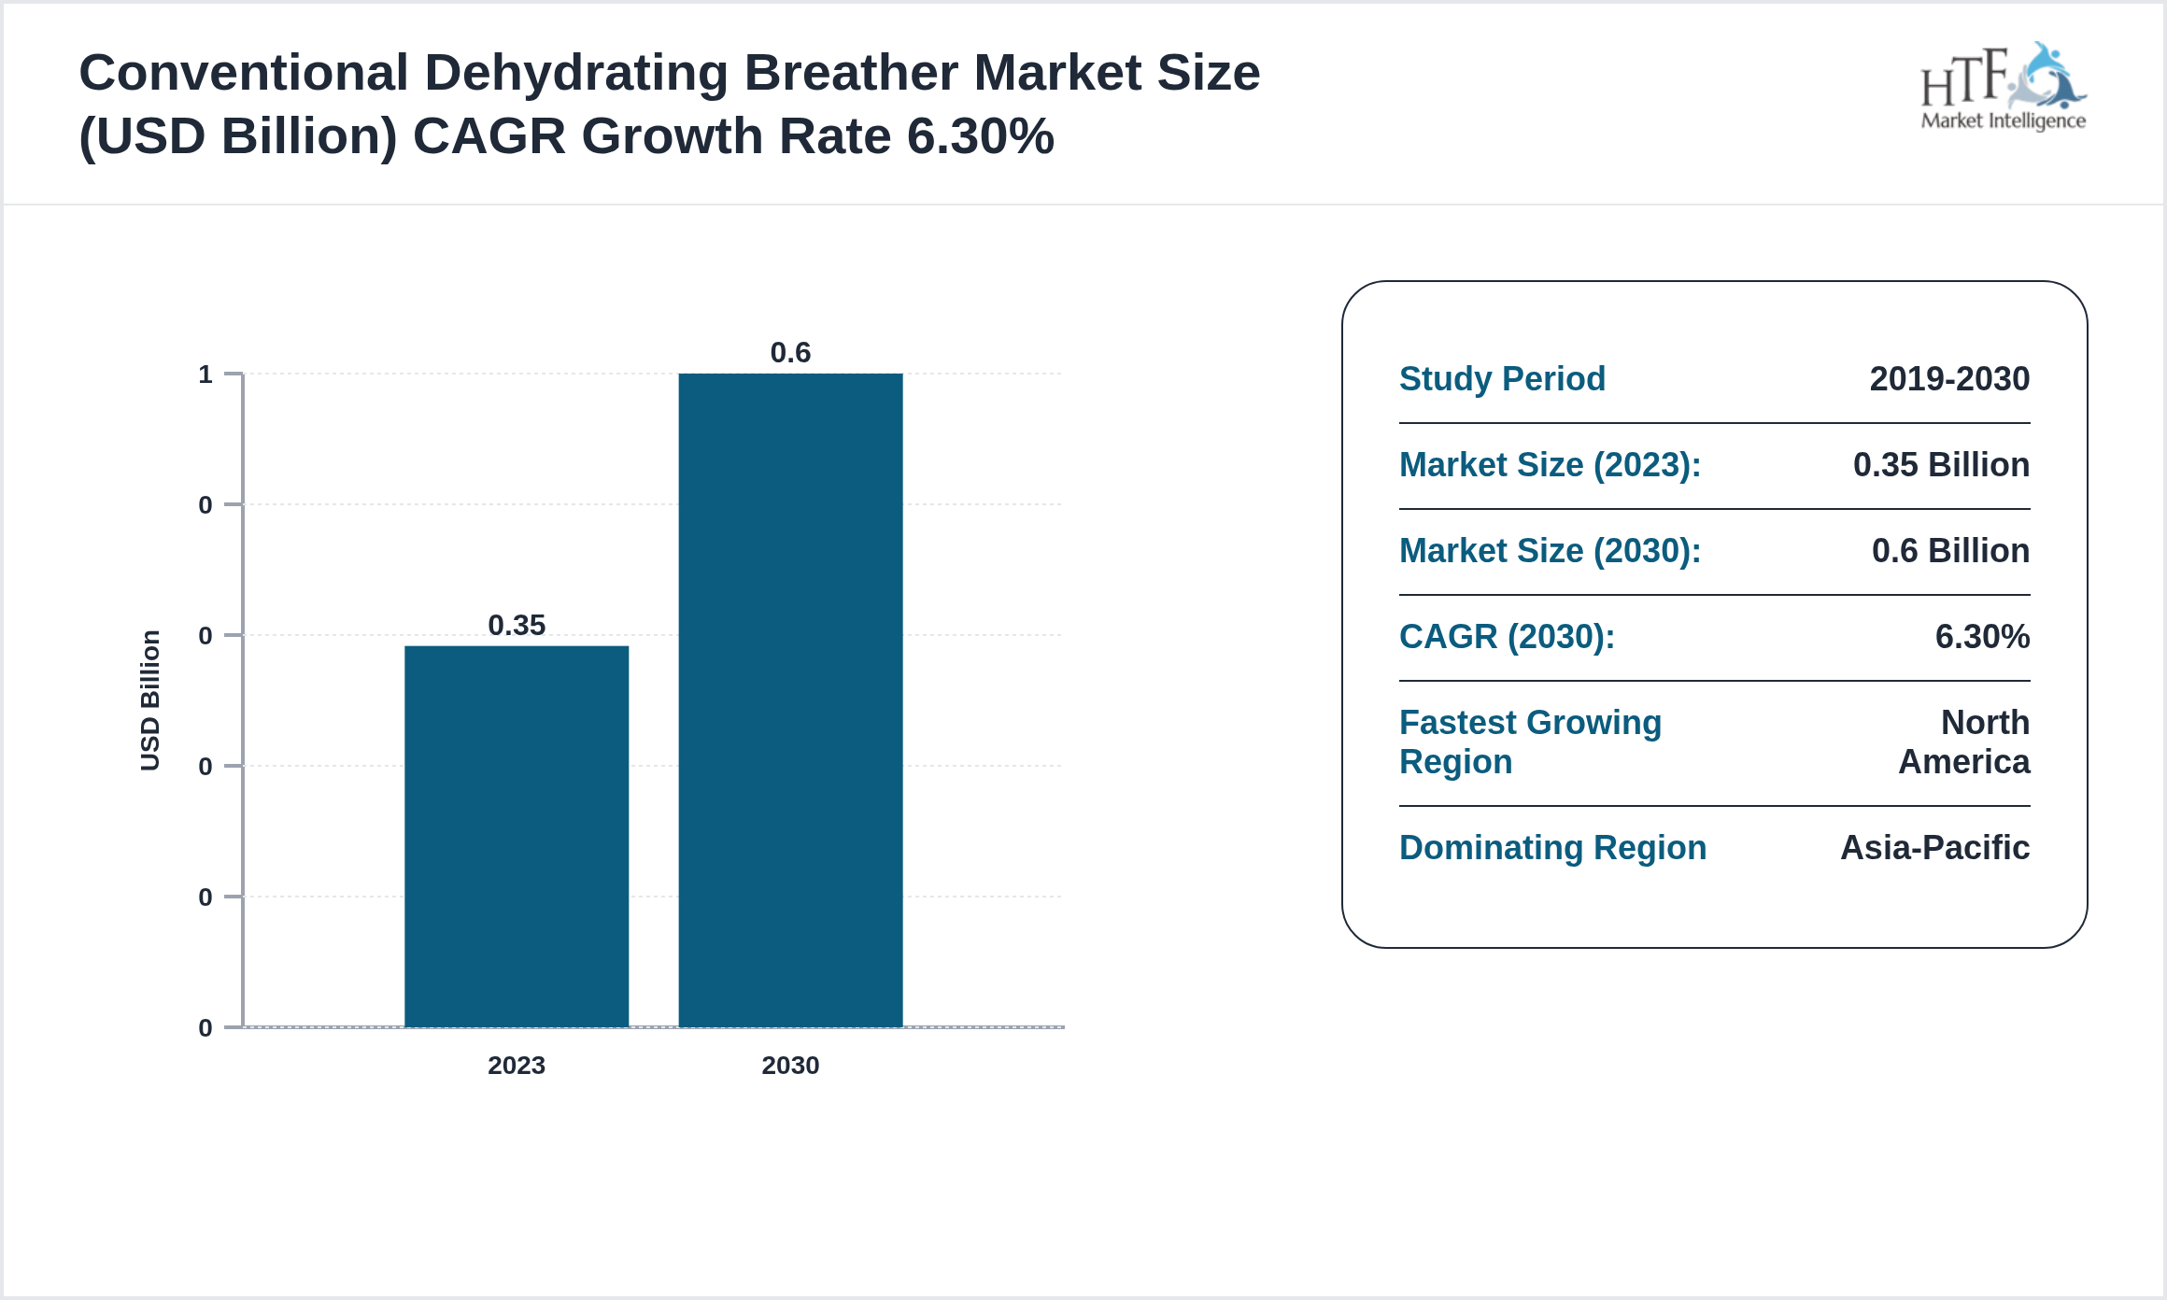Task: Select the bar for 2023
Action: click(x=517, y=836)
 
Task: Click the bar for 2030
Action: click(x=790, y=700)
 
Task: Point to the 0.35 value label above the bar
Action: click(x=517, y=625)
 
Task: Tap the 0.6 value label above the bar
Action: click(x=790, y=352)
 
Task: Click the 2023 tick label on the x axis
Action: click(x=517, y=1065)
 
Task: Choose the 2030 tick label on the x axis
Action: click(x=790, y=1065)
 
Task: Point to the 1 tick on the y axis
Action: click(x=205, y=374)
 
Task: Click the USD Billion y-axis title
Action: click(x=150, y=700)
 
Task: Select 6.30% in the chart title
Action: click(x=980, y=136)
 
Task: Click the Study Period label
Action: click(x=1502, y=379)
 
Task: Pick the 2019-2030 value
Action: click(x=1949, y=379)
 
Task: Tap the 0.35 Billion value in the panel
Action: click(x=1941, y=465)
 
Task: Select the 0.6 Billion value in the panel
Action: click(x=1950, y=551)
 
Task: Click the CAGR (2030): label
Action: click(x=1507, y=637)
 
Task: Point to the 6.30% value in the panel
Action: click(x=1982, y=637)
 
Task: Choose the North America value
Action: click(x=1965, y=742)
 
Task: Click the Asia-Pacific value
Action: click(x=1934, y=848)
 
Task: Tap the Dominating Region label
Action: click(x=1552, y=848)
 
